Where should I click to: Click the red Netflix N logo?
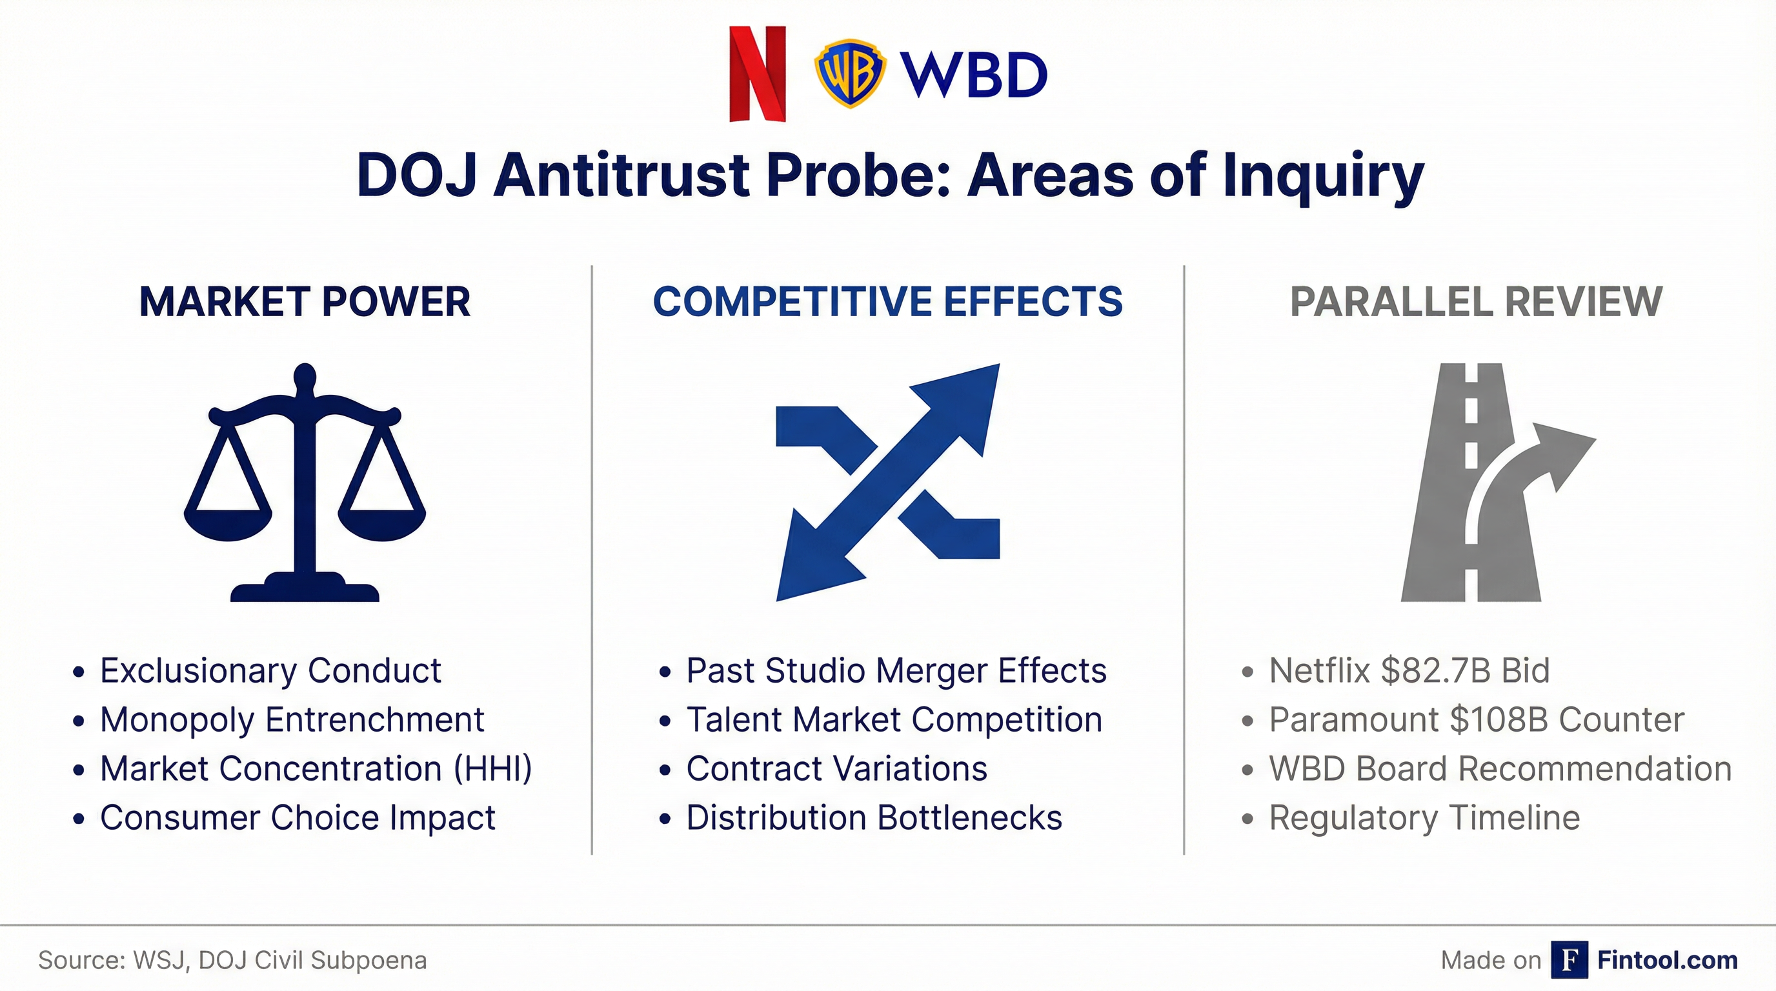pos(757,74)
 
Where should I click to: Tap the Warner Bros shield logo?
pos(849,73)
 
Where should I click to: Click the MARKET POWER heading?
pos(304,302)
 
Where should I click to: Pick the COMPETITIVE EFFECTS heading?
pos(887,302)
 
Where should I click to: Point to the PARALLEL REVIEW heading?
pos(1476,302)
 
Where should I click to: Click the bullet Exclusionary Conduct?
pos(270,670)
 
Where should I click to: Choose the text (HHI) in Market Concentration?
pos(493,768)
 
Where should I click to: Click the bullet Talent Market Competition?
pos(894,719)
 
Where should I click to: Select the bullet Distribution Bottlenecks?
pos(874,818)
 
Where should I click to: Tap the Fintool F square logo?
pos(1569,959)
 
